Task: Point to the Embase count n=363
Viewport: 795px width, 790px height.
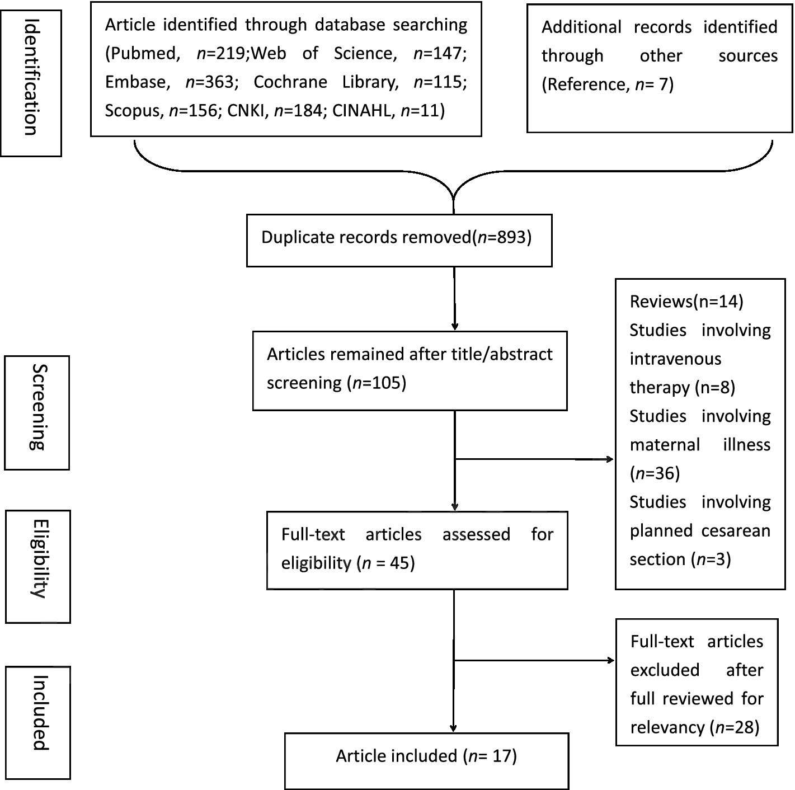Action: (x=209, y=82)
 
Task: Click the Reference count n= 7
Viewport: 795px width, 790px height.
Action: (x=654, y=84)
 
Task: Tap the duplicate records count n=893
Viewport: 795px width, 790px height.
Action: (x=501, y=237)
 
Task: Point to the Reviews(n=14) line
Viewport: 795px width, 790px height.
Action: (x=686, y=302)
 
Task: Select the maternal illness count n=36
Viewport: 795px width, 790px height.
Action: (x=655, y=474)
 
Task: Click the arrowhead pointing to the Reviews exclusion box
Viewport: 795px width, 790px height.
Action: (x=610, y=459)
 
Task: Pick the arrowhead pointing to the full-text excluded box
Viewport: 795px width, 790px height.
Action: (x=611, y=661)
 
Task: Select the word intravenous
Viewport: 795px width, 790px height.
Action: (x=675, y=359)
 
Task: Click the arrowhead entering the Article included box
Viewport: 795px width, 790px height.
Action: (x=454, y=728)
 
